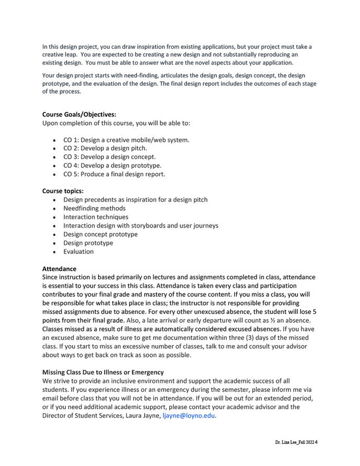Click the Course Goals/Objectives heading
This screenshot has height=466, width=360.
coord(79,114)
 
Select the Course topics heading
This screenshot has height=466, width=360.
coord(63,191)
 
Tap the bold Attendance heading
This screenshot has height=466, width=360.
coord(59,269)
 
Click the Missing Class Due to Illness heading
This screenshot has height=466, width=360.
coord(103,372)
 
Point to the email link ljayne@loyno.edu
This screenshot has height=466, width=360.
coord(189,416)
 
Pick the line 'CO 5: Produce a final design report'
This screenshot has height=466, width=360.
coord(114,174)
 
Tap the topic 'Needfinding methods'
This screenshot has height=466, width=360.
coord(95,208)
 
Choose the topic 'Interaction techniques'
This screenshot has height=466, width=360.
coord(96,217)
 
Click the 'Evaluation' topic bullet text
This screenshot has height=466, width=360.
coord(78,252)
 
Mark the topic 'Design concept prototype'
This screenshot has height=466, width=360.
coord(100,234)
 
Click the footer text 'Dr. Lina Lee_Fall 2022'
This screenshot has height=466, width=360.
coord(294,442)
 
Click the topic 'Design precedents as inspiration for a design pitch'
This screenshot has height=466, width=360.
coord(135,200)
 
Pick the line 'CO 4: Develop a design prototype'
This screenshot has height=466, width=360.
coord(112,165)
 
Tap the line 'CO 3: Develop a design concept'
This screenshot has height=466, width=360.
coord(109,157)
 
